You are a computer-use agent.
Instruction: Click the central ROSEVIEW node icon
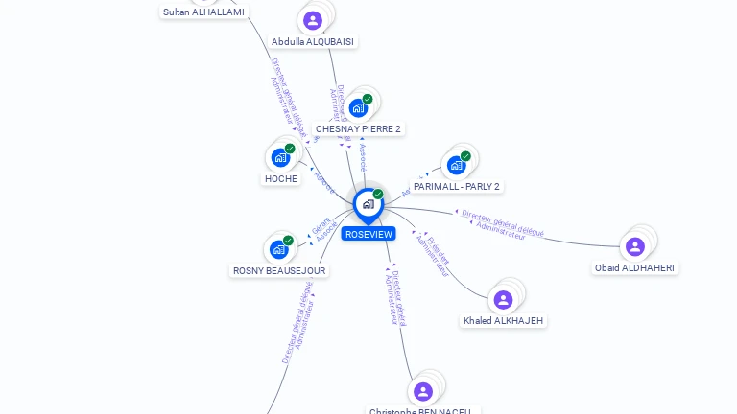click(368, 204)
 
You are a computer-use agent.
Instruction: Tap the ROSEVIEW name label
click(368, 234)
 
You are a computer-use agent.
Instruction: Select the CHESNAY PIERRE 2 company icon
click(358, 107)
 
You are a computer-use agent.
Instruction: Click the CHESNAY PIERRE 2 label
click(358, 128)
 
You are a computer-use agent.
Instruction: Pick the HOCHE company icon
click(280, 157)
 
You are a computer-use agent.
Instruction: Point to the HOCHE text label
click(281, 178)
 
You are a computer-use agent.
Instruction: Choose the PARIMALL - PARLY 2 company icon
click(456, 165)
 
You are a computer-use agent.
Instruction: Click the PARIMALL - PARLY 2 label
click(457, 186)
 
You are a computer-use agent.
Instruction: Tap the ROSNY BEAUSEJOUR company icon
click(279, 249)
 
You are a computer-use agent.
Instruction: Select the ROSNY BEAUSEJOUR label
click(279, 270)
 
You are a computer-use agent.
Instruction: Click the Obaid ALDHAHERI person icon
click(634, 246)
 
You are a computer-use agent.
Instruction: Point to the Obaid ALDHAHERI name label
click(634, 267)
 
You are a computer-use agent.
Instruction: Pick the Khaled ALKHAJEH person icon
click(503, 299)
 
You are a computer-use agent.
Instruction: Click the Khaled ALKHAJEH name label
click(503, 320)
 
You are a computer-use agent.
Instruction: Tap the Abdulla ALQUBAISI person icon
click(313, 20)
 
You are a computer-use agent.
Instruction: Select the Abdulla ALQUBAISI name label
click(313, 42)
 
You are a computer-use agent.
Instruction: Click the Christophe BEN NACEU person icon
click(423, 391)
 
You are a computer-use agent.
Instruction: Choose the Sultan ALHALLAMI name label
click(203, 12)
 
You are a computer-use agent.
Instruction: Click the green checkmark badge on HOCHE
click(290, 149)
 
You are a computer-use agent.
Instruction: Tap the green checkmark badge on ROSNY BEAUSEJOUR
click(288, 241)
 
